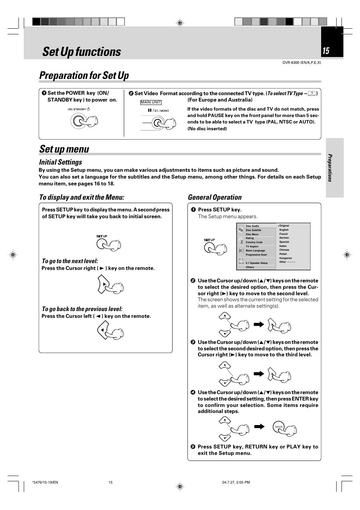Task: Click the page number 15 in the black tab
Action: [326, 51]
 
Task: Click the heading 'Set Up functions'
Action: [82, 52]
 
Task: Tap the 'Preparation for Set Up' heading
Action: [84, 75]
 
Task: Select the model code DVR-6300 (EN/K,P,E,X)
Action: [302, 63]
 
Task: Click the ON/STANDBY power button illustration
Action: [78, 121]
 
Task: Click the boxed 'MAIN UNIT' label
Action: [151, 102]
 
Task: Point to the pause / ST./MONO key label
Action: [158, 111]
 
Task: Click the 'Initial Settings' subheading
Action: [60, 162]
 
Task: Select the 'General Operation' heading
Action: [214, 197]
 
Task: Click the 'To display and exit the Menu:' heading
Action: [82, 197]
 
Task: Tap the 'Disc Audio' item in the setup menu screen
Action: [252, 226]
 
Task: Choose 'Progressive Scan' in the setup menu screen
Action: [256, 255]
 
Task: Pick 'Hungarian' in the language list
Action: [285, 258]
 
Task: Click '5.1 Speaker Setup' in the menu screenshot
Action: [257, 263]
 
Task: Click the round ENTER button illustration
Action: [278, 427]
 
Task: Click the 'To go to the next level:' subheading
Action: [70, 261]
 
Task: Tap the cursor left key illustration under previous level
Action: [103, 330]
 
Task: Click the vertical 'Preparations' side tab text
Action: [330, 168]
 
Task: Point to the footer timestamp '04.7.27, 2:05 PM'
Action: [236, 482]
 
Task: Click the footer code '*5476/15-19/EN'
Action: [45, 482]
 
